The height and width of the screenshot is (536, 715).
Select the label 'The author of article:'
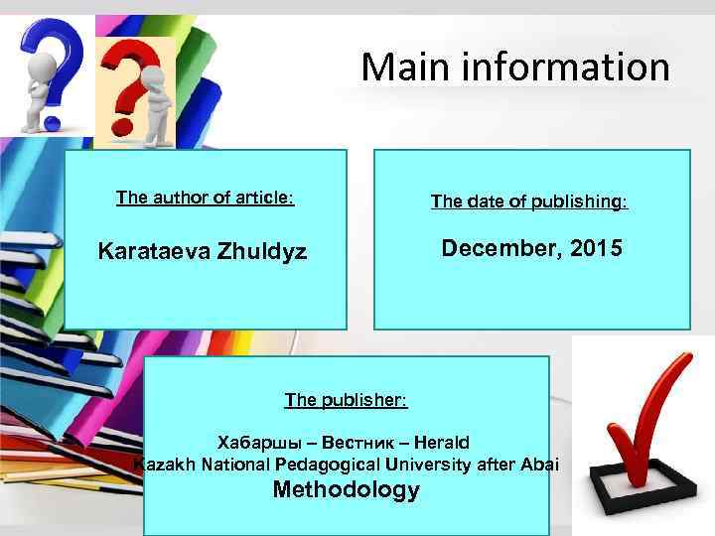coord(205,198)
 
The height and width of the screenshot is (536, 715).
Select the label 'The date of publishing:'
coord(529,201)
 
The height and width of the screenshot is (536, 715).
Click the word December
coord(502,248)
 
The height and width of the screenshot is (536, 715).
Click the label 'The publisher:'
coord(346,400)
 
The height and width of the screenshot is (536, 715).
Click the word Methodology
coord(346,490)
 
